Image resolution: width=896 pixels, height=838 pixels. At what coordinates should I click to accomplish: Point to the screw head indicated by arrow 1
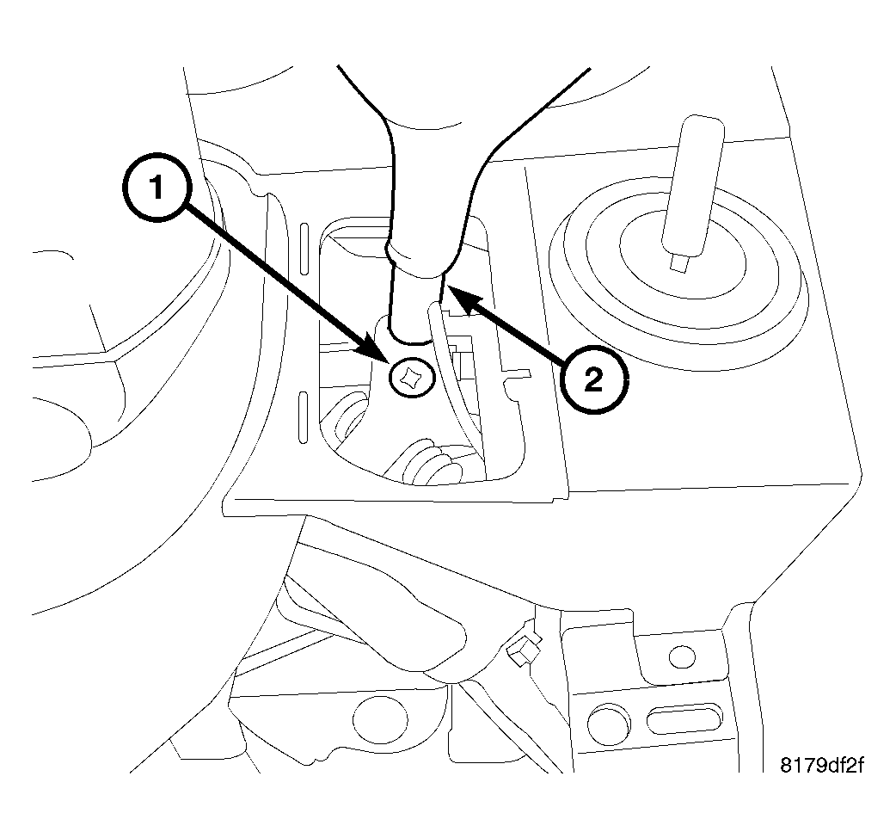pos(408,377)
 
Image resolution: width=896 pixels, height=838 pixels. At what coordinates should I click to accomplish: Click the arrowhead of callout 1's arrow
pos(386,355)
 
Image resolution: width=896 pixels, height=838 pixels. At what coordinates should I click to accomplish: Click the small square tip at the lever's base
pos(679,261)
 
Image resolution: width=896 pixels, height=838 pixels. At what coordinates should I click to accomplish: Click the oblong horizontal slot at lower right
pos(684,718)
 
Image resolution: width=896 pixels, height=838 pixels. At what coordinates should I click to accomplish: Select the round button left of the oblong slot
pos(610,718)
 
